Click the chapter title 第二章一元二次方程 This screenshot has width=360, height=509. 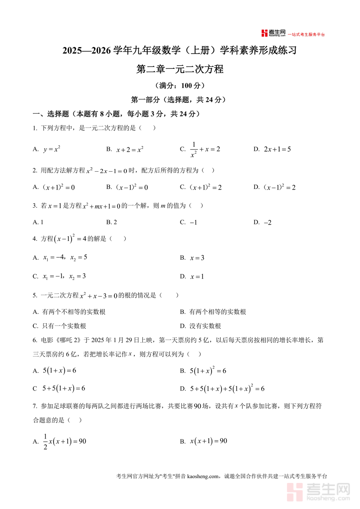tap(180, 69)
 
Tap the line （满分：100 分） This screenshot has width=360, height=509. tap(180, 86)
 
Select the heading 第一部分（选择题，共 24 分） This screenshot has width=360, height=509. tap(180, 100)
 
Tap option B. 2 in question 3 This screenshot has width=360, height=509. tap(112, 222)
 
